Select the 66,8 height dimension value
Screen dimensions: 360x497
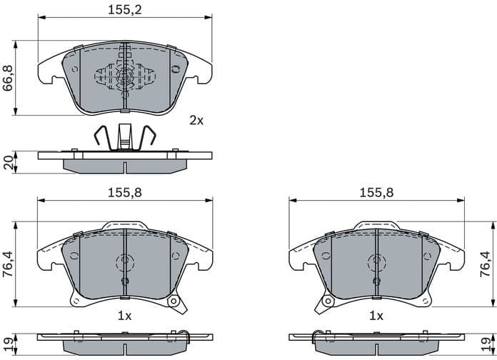(9, 79)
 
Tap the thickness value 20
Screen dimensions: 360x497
(9, 163)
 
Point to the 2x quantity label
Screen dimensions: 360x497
(196, 121)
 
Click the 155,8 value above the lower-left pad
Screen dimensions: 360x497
(125, 192)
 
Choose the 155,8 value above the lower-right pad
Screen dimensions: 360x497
(376, 192)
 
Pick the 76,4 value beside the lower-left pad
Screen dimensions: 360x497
(9, 268)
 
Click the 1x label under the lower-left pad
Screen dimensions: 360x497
(125, 315)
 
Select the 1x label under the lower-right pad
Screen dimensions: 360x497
(376, 315)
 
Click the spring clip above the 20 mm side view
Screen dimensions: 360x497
(125, 137)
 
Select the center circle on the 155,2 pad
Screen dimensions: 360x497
(125, 76)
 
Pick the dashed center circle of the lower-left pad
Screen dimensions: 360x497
(125, 263)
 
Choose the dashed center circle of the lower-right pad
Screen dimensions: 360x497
(376, 263)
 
